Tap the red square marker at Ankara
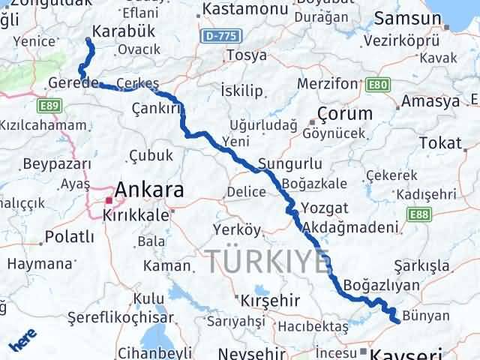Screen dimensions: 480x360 109,201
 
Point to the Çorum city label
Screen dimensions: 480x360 345,114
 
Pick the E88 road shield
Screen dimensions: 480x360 421,216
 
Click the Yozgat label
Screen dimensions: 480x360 325,208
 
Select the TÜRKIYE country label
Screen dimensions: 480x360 268,261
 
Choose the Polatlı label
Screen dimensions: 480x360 70,237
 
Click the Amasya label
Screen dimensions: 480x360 430,101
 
